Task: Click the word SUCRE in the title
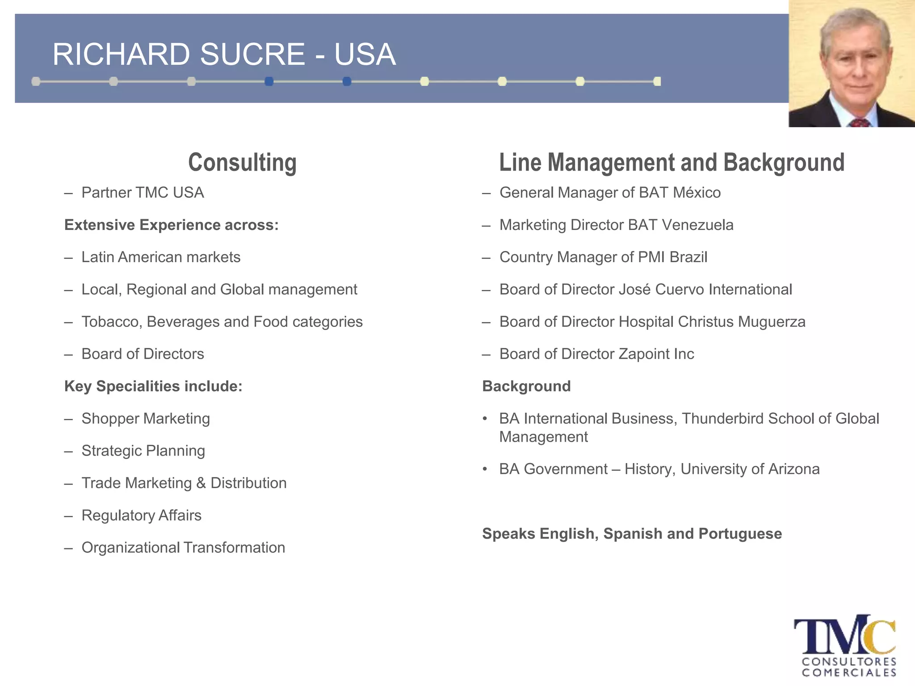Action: [x=252, y=54]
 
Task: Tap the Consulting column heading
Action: [x=242, y=163]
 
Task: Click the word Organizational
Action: [x=130, y=548]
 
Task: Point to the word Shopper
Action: [x=110, y=419]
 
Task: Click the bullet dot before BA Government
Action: [x=485, y=469]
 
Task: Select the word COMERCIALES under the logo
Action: [x=849, y=673]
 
